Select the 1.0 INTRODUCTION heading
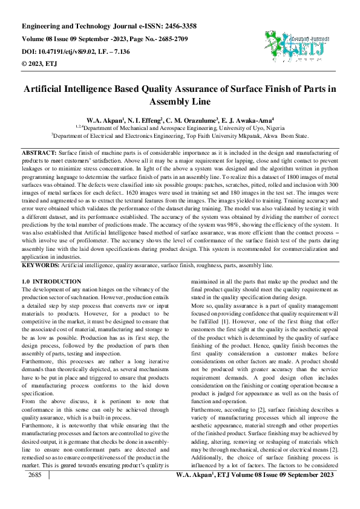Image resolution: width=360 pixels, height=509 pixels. (51, 282)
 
